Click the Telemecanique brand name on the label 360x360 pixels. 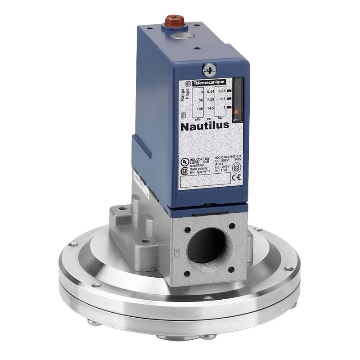(209, 83)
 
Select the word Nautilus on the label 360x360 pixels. (205, 126)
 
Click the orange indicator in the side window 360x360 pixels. (236, 111)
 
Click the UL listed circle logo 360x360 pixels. (184, 161)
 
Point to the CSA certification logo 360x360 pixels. (184, 171)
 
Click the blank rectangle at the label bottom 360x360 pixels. (205, 182)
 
